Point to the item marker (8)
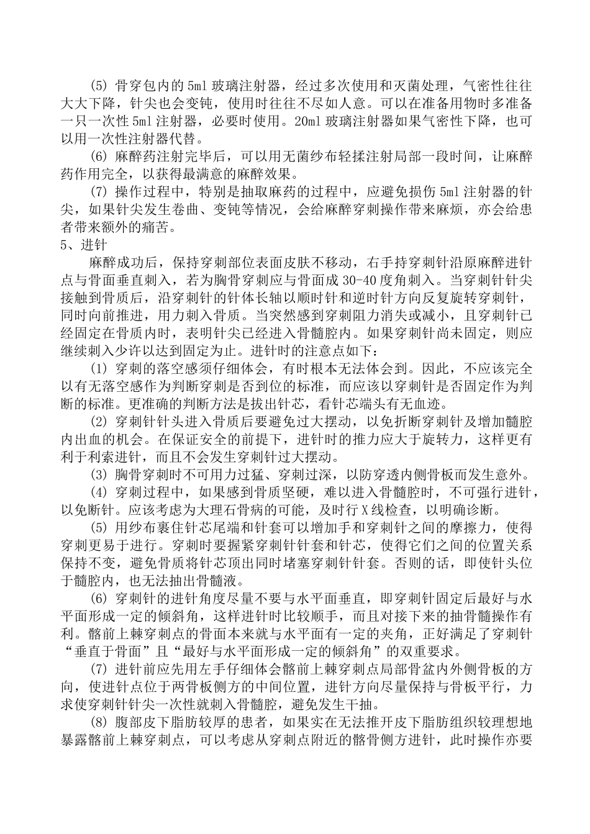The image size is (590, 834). click(x=99, y=723)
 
